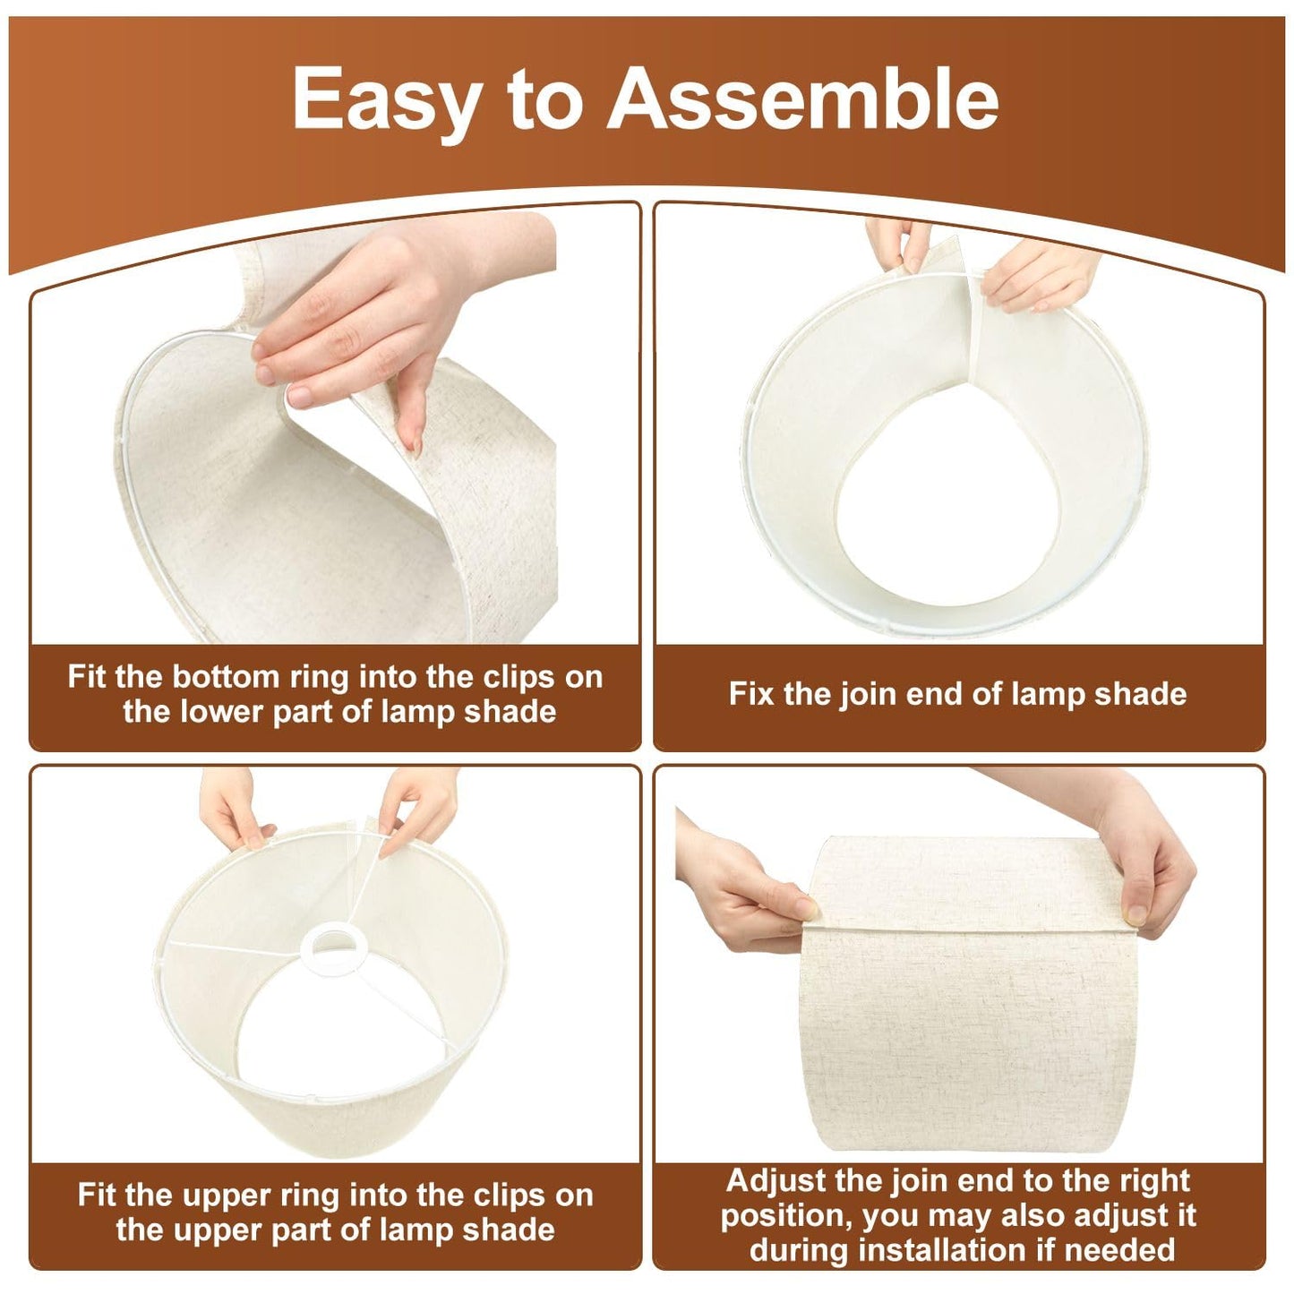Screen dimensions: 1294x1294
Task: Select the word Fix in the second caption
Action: tap(752, 693)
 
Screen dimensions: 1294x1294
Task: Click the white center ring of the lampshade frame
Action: tap(330, 946)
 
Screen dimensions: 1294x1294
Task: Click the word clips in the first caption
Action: tap(519, 677)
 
